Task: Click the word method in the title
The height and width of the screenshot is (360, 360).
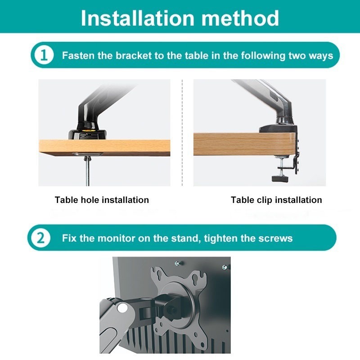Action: [240, 18]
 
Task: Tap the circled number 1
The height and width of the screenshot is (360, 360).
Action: [44, 55]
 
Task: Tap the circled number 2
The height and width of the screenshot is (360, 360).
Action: [40, 238]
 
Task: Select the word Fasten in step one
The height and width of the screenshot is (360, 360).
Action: [78, 55]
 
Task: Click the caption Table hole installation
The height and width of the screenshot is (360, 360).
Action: [102, 200]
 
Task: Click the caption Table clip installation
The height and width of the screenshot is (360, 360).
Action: [276, 200]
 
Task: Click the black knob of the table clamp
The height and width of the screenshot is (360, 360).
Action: [279, 178]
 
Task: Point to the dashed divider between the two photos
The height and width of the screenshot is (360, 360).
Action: [182, 133]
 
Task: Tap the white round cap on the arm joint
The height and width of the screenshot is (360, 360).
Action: [122, 308]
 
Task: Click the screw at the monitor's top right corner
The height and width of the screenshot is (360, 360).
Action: [225, 267]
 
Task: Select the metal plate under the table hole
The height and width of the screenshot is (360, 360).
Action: [87, 154]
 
